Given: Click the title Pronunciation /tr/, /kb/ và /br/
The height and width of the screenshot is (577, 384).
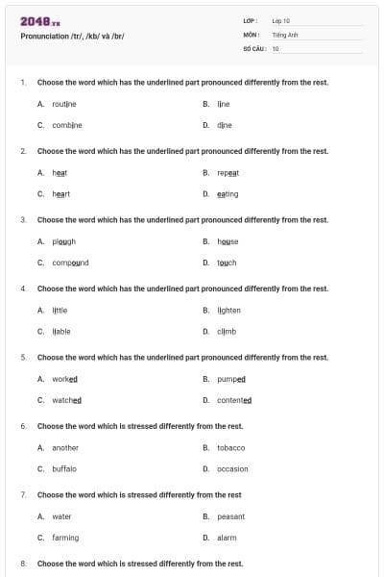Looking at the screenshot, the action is (72, 36).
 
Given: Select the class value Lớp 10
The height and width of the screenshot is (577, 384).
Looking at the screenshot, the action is (281, 20).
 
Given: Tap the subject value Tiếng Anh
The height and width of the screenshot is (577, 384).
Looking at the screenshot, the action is (286, 34).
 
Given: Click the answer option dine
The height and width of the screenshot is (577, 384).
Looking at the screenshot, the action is (225, 124).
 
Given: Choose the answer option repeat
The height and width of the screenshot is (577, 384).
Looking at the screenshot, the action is (228, 172).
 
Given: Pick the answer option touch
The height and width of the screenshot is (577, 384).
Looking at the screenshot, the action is (227, 263).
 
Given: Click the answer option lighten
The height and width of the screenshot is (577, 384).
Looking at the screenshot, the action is (229, 310).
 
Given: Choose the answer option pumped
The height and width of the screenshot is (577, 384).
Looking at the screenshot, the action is (231, 379).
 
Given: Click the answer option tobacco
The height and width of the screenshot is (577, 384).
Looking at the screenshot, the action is (231, 447).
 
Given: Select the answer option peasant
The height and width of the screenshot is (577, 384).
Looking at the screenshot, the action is (231, 516).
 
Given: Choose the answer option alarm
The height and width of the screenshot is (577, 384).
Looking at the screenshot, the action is (227, 538).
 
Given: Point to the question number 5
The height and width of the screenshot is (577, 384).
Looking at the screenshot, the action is (23, 357).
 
